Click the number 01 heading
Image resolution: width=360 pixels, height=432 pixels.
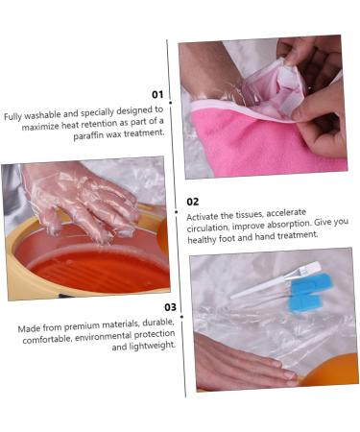[157, 94]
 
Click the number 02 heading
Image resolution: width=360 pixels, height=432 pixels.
[193, 202]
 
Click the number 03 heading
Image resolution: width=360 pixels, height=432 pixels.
[170, 307]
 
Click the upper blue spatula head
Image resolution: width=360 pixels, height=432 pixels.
[311, 283]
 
